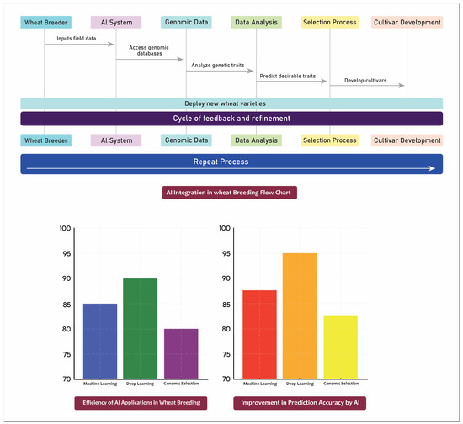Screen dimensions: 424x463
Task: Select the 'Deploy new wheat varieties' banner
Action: [231, 103]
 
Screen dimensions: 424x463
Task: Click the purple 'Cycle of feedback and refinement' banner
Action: [231, 119]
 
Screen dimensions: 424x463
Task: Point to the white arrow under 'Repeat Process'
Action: [231, 168]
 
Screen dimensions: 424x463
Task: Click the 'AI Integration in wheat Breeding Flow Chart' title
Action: [231, 193]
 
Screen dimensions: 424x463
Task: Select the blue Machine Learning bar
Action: [100, 341]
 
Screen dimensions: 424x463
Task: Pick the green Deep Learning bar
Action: [141, 328]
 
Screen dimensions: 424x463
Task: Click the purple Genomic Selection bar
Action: [181, 353]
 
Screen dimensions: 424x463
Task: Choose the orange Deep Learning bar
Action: [300, 315]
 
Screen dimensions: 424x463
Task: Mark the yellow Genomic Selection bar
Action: [340, 347]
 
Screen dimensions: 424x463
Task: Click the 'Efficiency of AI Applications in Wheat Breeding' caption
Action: [141, 403]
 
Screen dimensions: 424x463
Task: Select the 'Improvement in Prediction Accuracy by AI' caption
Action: [300, 403]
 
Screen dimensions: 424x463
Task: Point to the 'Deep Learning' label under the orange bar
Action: [300, 384]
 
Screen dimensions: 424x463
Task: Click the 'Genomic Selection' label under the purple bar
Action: [181, 384]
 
